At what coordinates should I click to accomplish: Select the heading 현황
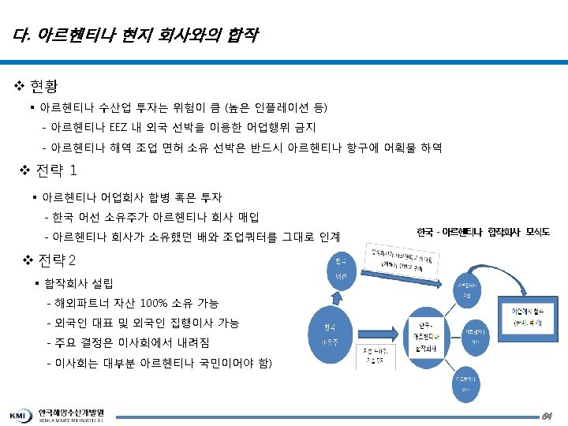click(43, 84)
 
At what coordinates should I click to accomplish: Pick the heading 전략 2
click(56, 260)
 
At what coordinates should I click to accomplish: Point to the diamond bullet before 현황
click(20, 84)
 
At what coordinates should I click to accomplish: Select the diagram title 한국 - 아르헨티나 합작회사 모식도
click(484, 233)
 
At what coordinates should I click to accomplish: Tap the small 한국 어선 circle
click(341, 268)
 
